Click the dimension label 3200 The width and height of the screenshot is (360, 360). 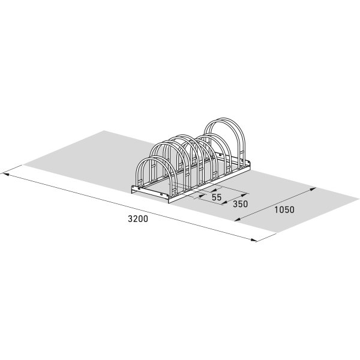pyautogui.click(x=137, y=219)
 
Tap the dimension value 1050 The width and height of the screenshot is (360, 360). pyautogui.click(x=284, y=209)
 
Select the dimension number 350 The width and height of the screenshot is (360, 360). pyautogui.click(x=240, y=203)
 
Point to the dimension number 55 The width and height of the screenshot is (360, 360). pyautogui.click(x=217, y=197)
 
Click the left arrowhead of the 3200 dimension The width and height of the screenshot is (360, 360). pyautogui.click(x=5, y=175)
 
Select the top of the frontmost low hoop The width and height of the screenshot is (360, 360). pyautogui.click(x=154, y=157)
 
